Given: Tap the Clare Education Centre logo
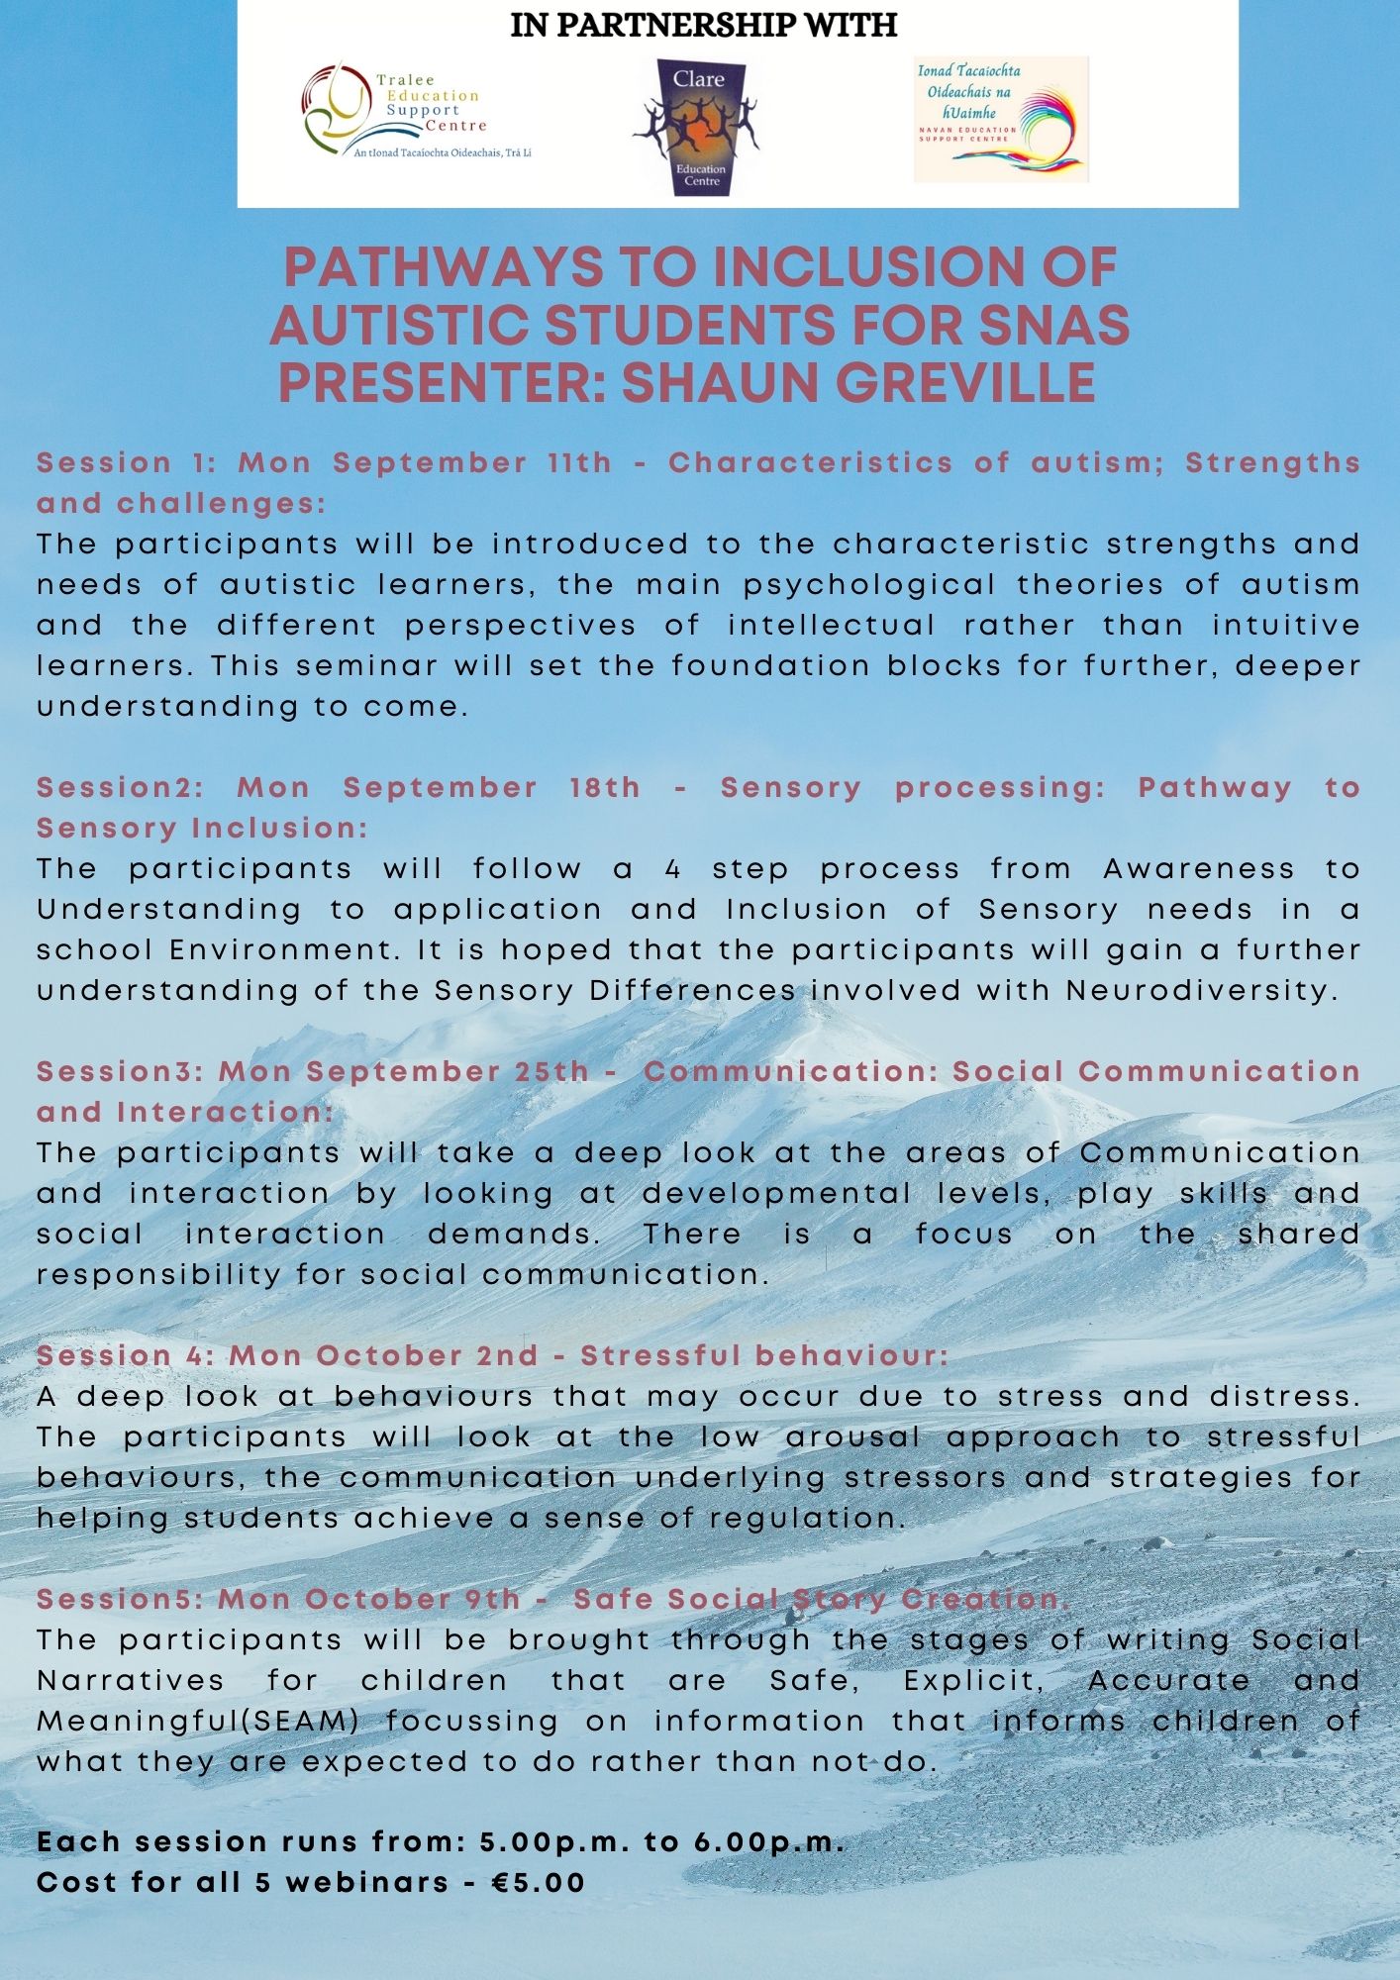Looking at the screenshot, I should click(x=698, y=127).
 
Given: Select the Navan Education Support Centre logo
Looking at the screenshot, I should click(x=1000, y=119).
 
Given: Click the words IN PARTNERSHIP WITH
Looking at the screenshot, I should click(x=703, y=25).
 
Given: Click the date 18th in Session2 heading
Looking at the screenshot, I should click(x=605, y=788).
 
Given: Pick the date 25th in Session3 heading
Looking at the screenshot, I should click(x=551, y=1071).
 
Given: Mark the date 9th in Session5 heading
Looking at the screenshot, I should click(x=492, y=1599).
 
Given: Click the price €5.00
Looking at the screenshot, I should click(x=539, y=1882).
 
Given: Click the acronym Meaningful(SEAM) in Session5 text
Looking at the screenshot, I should click(x=198, y=1722).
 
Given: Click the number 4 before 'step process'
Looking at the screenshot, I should click(x=673, y=869).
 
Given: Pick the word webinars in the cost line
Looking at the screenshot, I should click(x=367, y=1882).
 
